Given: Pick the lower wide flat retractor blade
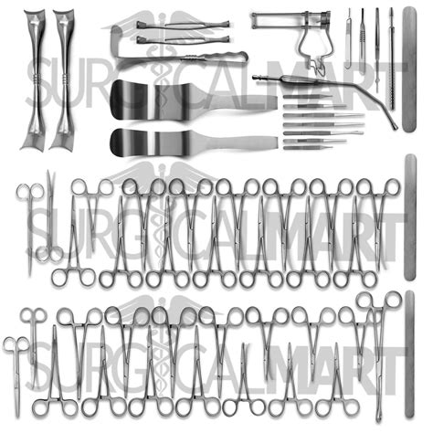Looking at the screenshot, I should point(155,142).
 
